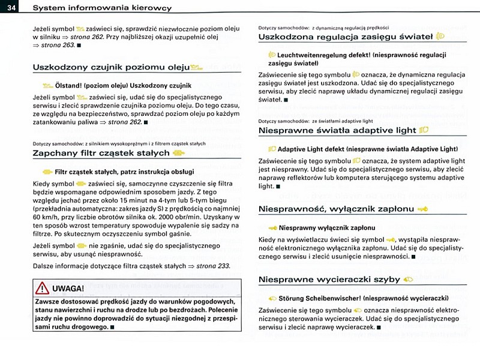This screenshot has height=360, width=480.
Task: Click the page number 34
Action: pos(10,7)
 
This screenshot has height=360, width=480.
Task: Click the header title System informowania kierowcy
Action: pos(102,8)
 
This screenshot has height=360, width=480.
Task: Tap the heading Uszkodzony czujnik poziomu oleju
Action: pos(111,67)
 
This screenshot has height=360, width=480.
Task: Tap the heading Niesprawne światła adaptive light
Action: pos(338,130)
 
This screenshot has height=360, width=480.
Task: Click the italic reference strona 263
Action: pos(60,46)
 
